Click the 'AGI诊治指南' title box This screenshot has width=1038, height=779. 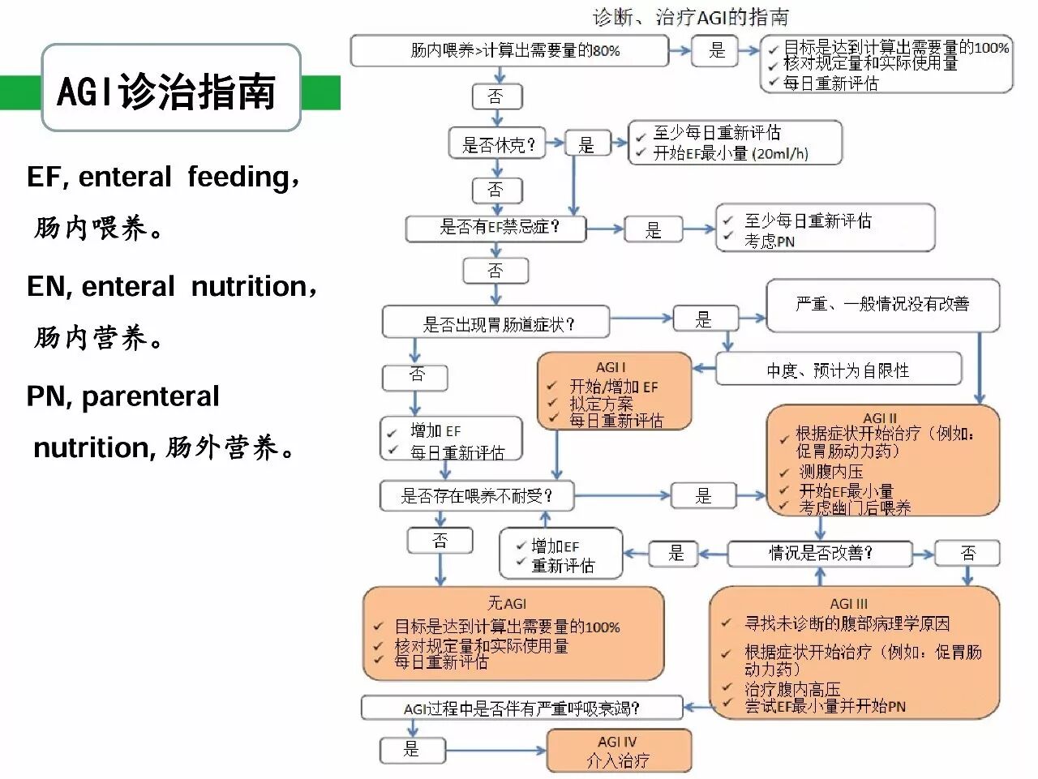point(170,89)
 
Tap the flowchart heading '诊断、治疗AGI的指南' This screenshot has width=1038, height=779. point(691,16)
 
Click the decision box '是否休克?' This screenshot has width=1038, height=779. point(498,144)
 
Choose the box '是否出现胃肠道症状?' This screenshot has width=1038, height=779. point(495,323)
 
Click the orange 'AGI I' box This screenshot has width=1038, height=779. point(614,391)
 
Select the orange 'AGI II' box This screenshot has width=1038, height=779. point(882,460)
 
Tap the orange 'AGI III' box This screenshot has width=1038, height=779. point(853,656)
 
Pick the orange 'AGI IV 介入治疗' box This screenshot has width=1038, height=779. point(619,751)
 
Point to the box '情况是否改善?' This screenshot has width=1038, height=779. point(821,553)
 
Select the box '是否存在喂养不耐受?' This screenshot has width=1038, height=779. point(477,495)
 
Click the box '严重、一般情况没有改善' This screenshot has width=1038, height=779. point(882,305)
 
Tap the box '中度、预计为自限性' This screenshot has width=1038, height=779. point(838,370)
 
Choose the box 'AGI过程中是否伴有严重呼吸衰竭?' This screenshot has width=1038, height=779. point(521,708)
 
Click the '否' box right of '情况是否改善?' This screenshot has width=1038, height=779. point(967,553)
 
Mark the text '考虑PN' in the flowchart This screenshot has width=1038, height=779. point(770,241)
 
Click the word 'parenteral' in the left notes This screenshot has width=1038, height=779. point(150,396)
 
